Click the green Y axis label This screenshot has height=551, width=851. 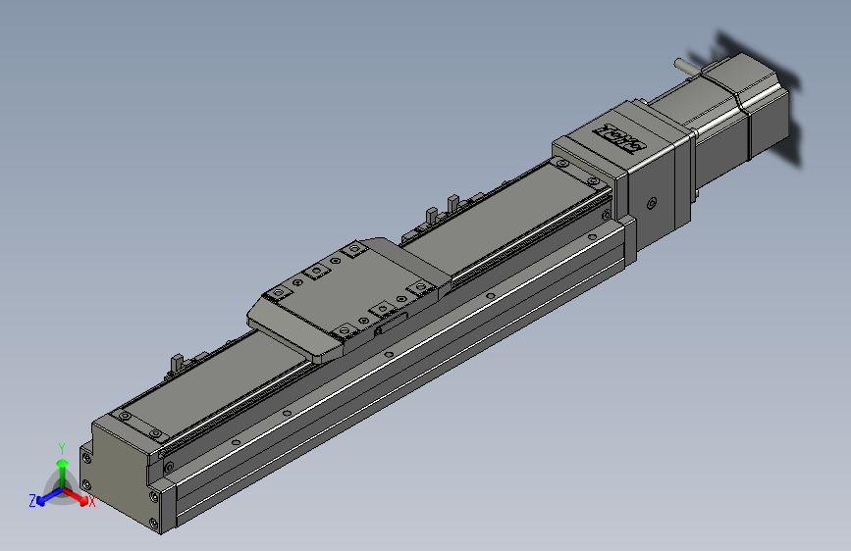62,446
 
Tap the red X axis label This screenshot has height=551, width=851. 92,502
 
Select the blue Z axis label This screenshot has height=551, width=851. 32,501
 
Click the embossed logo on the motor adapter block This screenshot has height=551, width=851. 620,136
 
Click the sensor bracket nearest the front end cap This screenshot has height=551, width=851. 177,362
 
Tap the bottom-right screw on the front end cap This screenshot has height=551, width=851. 154,522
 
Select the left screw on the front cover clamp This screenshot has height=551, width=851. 125,417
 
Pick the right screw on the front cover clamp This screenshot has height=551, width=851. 156,432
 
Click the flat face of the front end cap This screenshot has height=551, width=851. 118,471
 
